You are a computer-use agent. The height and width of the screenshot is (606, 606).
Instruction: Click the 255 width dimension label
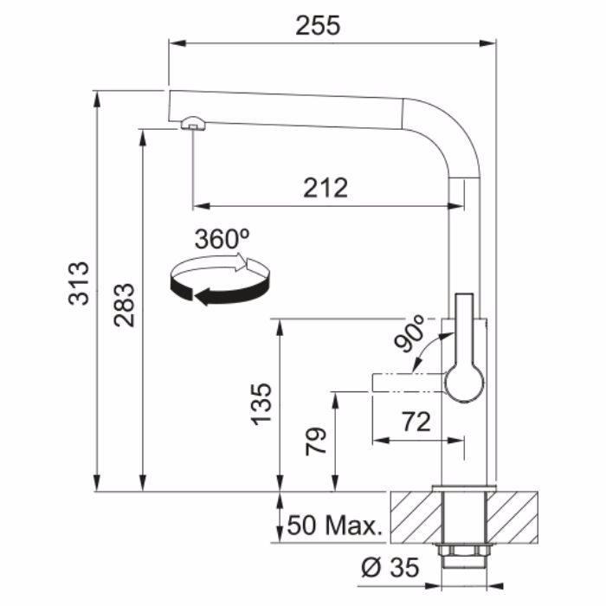click(x=318, y=26)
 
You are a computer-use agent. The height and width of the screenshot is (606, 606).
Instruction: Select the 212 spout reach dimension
click(x=326, y=188)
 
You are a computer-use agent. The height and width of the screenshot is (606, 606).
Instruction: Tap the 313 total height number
click(x=79, y=284)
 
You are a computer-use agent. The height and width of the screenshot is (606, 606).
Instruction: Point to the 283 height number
click(x=125, y=306)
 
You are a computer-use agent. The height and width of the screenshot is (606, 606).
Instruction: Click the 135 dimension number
click(x=261, y=404)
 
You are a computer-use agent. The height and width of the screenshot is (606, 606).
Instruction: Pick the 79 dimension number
click(x=316, y=442)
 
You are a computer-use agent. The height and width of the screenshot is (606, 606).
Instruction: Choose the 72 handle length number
click(x=416, y=422)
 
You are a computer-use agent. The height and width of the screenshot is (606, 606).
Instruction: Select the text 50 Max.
click(x=335, y=525)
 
